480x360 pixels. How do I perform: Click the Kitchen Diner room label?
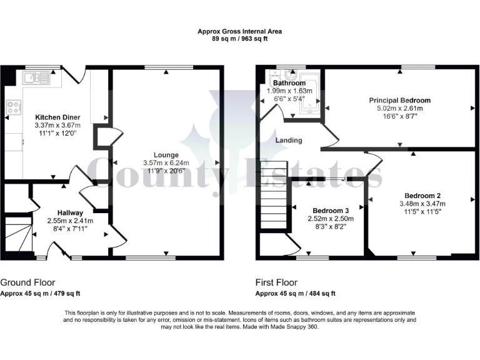(57, 116)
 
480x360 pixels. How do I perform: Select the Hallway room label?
(70, 212)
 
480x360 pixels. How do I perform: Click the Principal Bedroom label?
(399, 100)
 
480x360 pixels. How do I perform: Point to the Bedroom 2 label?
(422, 194)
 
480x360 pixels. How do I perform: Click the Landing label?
(289, 140)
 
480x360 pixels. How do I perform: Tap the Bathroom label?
(289, 83)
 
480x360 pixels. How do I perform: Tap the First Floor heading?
(276, 282)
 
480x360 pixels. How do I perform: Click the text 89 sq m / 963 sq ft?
(239, 37)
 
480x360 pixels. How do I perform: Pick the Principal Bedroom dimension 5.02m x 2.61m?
(399, 108)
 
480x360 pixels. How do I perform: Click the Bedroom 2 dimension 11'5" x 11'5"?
(422, 211)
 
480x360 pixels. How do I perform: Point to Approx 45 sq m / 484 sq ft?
(296, 293)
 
